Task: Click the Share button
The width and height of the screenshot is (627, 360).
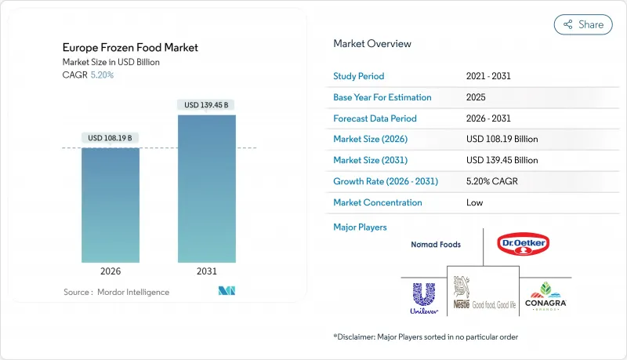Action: tap(583, 24)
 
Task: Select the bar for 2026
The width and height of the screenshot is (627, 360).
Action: tap(111, 205)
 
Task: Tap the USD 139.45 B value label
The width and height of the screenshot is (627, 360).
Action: tap(207, 105)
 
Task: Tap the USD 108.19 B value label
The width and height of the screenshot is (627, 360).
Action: tap(111, 137)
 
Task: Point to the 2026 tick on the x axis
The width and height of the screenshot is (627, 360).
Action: tap(111, 271)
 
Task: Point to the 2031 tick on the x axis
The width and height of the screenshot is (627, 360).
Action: tap(207, 271)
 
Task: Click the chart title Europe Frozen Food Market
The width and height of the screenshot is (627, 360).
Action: tap(130, 48)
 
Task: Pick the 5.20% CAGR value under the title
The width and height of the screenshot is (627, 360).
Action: tap(103, 75)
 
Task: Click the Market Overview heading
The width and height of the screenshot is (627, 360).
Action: tap(372, 44)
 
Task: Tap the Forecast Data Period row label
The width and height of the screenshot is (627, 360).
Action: tap(375, 118)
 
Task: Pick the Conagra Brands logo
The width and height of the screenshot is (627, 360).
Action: tap(545, 296)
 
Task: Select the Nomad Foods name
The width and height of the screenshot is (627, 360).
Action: tap(436, 245)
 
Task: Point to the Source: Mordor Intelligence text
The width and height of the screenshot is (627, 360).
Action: tap(116, 293)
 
